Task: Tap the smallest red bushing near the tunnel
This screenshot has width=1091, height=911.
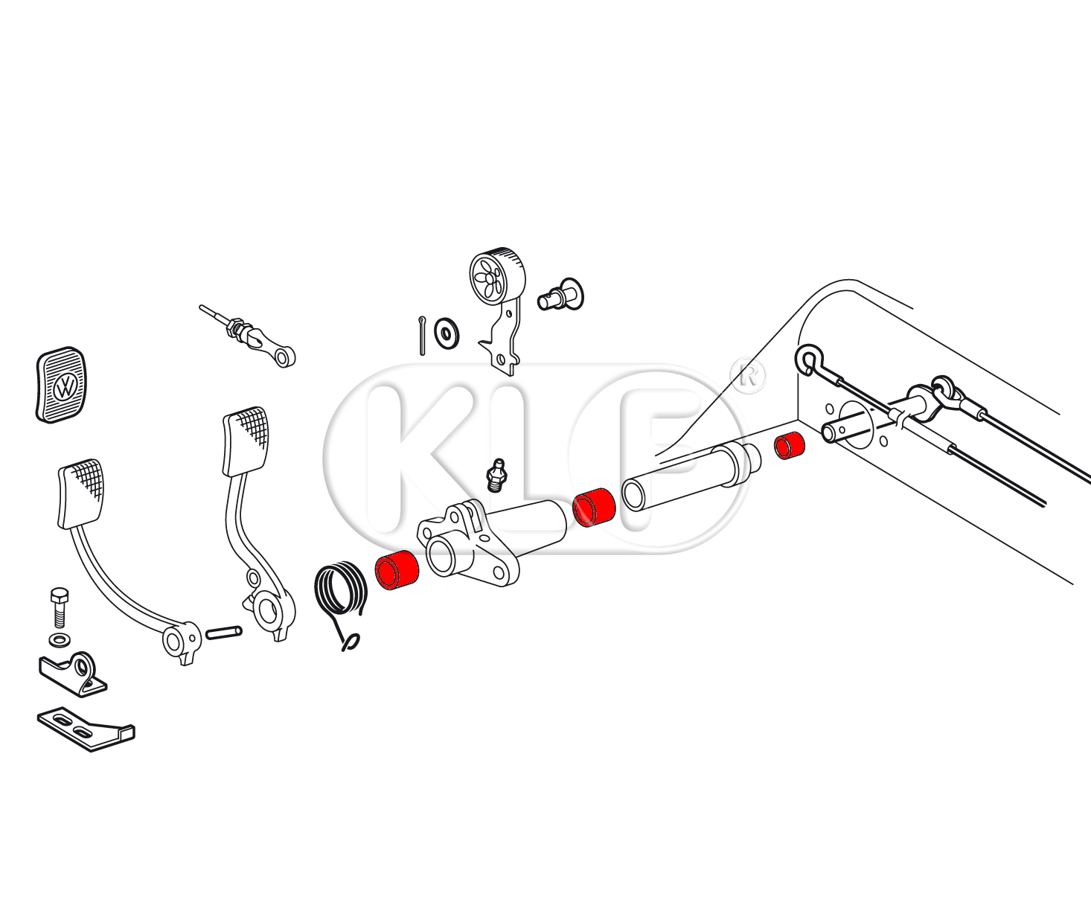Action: tap(789, 446)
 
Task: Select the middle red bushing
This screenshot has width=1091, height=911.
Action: tap(594, 508)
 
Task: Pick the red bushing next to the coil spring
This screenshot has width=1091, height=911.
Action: tap(397, 570)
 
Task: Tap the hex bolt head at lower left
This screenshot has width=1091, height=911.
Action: tap(59, 595)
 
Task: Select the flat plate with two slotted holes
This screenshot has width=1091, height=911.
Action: tap(86, 729)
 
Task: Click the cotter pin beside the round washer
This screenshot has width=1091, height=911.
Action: tap(422, 336)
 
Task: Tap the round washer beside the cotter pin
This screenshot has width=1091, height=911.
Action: tap(447, 333)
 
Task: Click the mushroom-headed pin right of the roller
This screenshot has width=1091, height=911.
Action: tap(561, 295)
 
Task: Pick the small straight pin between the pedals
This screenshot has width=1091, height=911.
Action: tap(224, 633)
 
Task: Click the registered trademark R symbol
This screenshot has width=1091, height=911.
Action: tap(748, 375)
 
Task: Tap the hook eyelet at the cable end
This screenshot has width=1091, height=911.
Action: tap(808, 359)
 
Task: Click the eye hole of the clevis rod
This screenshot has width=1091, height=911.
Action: tap(283, 358)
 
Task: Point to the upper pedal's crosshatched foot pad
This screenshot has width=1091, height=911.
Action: tap(246, 441)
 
